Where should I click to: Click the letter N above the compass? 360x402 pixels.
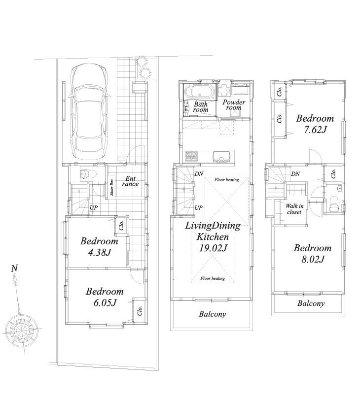coord(15,268)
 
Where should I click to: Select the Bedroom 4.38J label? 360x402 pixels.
coord(99,247)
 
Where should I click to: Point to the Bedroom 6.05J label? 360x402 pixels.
coord(105,297)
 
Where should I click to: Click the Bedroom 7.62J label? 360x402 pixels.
coord(314,124)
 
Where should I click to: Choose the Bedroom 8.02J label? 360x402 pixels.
coord(312,253)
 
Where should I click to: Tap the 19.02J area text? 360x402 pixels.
coord(212,248)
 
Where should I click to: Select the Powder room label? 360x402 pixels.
coord(234,105)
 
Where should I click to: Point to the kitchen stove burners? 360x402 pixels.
coord(191,156)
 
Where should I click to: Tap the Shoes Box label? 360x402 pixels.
coord(112,187)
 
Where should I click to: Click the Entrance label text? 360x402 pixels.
coord(131,181)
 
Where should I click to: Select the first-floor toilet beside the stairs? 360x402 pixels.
coord(88,174)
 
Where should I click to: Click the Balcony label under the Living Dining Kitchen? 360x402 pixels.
coord(212,314)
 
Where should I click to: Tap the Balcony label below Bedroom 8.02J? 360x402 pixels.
coord(311,303)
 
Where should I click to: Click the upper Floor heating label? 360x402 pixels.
coord(227,180)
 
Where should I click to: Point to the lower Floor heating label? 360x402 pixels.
coord(213,278)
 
